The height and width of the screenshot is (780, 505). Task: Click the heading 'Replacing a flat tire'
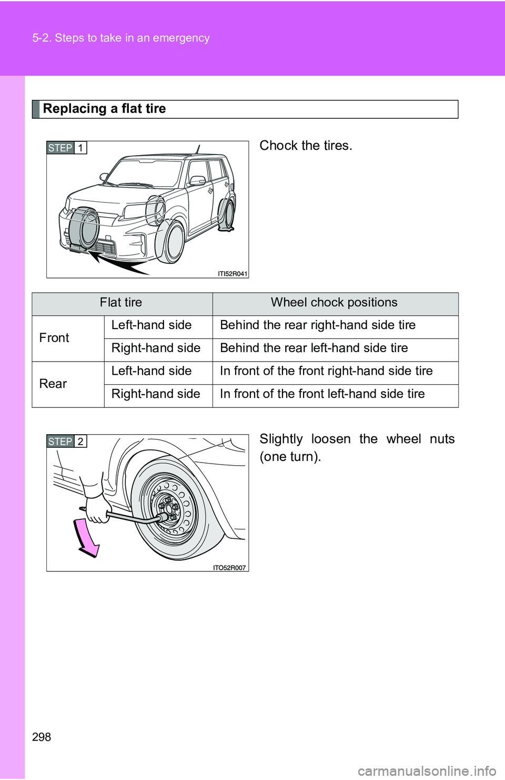(104, 109)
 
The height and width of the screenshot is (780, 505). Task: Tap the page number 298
(42, 737)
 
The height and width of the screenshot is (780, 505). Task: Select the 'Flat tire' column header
(121, 303)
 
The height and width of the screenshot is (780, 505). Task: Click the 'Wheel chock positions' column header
(334, 303)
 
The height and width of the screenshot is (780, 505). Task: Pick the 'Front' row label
(54, 338)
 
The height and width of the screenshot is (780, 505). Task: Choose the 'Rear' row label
(53, 384)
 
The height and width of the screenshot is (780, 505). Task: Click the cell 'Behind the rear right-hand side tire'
(318, 325)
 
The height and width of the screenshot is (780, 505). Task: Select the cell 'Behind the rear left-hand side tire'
(314, 348)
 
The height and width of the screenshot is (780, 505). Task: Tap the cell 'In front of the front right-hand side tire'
(326, 371)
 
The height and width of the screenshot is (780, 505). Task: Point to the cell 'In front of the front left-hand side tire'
(322, 394)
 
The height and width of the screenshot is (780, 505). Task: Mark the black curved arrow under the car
(118, 263)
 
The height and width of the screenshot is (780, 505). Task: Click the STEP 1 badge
(66, 148)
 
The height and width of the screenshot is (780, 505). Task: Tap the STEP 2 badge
(66, 442)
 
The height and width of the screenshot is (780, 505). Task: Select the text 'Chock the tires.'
(306, 146)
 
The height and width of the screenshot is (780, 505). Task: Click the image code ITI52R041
(232, 274)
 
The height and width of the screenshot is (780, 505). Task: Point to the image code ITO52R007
(229, 568)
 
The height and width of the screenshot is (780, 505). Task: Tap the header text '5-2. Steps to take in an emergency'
(121, 38)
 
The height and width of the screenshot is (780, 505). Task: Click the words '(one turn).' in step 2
(290, 457)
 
